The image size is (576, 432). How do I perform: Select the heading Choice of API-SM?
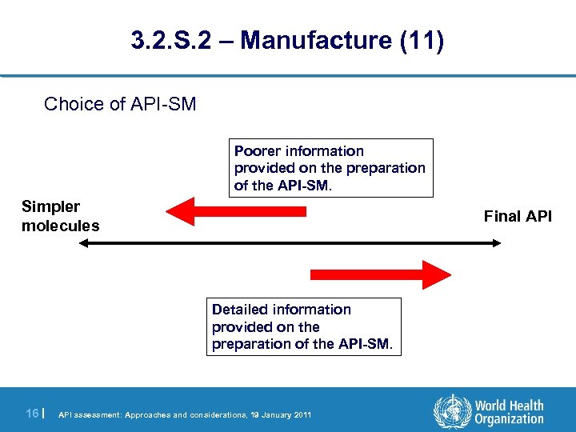[x=120, y=104]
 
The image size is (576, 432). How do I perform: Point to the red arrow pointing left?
[x=236, y=212]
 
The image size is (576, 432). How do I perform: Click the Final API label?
[x=518, y=217]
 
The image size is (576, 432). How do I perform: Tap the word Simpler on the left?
[x=50, y=207]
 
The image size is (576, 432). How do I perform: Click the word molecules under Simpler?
[x=61, y=226]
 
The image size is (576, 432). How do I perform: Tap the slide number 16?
[x=32, y=413]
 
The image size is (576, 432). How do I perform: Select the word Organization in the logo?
[x=509, y=419]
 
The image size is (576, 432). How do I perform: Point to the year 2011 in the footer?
[x=302, y=414]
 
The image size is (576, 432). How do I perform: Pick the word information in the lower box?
[x=313, y=310]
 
